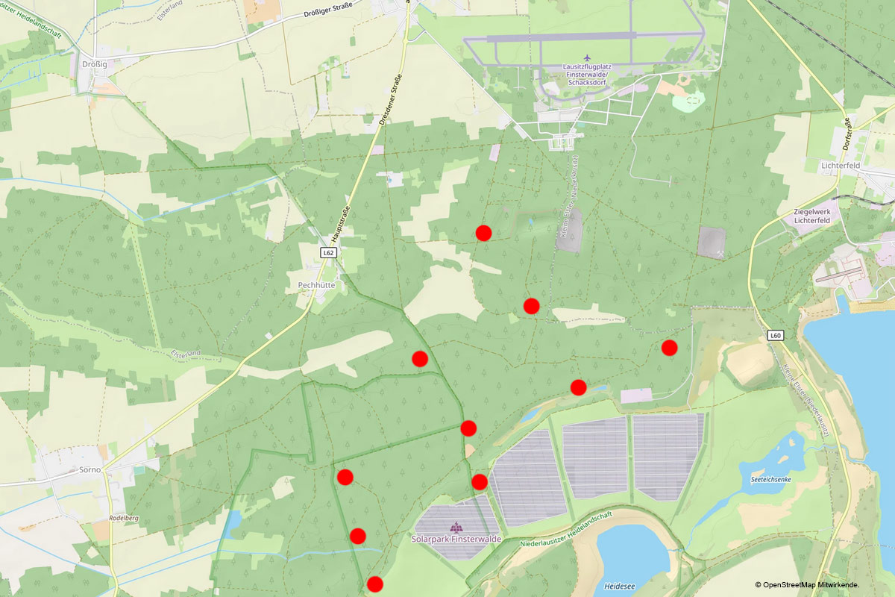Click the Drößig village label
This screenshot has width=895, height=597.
[95, 65]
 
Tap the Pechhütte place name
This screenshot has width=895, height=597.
[315, 285]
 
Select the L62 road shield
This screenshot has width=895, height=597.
[327, 253]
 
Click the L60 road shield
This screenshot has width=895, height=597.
[776, 336]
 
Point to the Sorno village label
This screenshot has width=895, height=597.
[89, 471]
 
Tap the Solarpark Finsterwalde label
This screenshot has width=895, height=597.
[456, 539]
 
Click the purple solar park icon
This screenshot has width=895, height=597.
[456, 526]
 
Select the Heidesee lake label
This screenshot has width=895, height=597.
[621, 587]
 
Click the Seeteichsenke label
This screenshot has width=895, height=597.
[770, 480]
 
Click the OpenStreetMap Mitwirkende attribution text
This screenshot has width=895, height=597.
[807, 585]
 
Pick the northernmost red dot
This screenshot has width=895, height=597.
[483, 233]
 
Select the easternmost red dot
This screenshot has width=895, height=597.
[669, 347]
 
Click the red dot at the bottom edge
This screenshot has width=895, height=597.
[375, 584]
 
